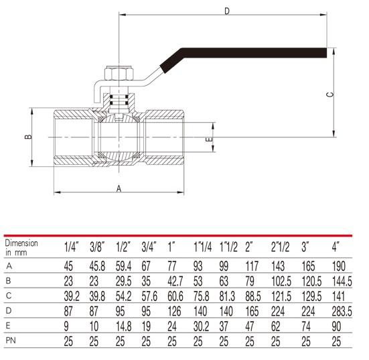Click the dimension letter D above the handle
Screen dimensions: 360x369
226,11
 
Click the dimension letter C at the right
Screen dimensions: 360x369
329,94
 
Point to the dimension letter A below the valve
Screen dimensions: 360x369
119,189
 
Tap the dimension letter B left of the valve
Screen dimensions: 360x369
28,137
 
